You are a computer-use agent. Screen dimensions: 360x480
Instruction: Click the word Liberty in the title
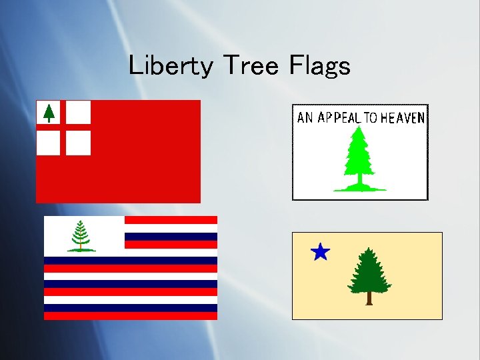point(171,65)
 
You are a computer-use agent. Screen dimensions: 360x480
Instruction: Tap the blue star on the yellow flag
point(320,252)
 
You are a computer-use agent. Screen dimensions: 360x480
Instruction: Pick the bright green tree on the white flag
point(359,157)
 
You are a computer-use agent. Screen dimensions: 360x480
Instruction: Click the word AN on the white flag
point(305,118)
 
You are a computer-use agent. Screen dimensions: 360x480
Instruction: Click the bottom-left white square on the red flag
point(48,142)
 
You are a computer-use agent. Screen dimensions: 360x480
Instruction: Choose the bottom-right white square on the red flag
point(79,142)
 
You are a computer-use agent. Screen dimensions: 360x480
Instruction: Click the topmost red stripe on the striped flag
point(171,219)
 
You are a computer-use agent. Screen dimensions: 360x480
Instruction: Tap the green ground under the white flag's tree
point(359,189)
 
